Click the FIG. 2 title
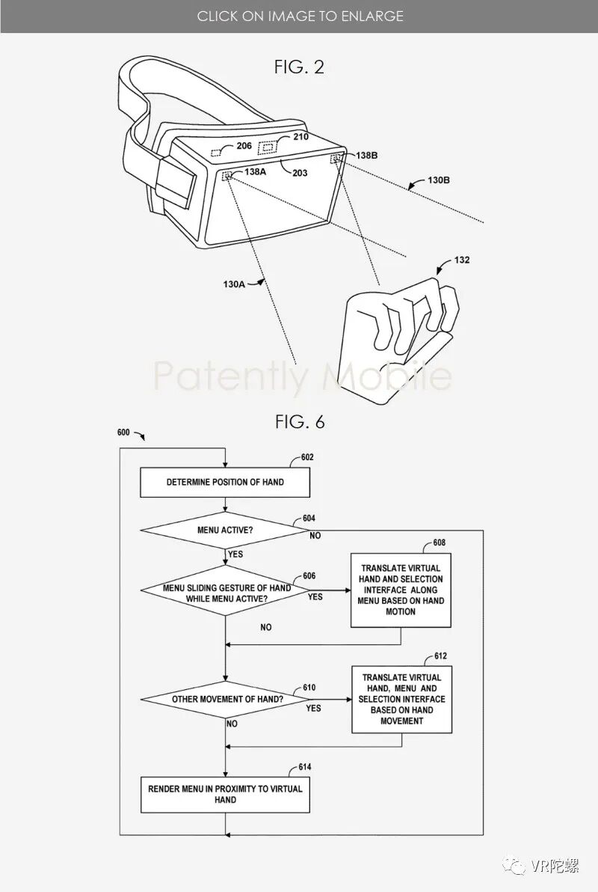299,67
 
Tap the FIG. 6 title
300,421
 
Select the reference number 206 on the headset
244,146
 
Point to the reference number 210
300,137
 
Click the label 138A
254,171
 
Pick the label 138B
366,155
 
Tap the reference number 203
300,173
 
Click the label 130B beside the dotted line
438,180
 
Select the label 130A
233,284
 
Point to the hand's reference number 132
462,260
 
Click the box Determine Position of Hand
225,482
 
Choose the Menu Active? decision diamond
225,531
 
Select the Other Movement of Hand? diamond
225,699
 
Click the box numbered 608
402,590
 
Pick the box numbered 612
402,699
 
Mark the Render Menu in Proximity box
225,794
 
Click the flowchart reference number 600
123,433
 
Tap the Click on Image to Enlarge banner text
300,16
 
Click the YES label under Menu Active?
235,555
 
